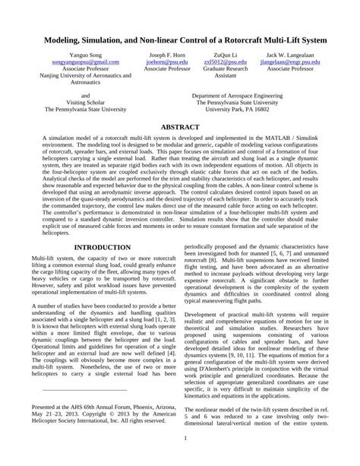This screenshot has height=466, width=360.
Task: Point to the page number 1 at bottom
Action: tap(180, 439)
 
